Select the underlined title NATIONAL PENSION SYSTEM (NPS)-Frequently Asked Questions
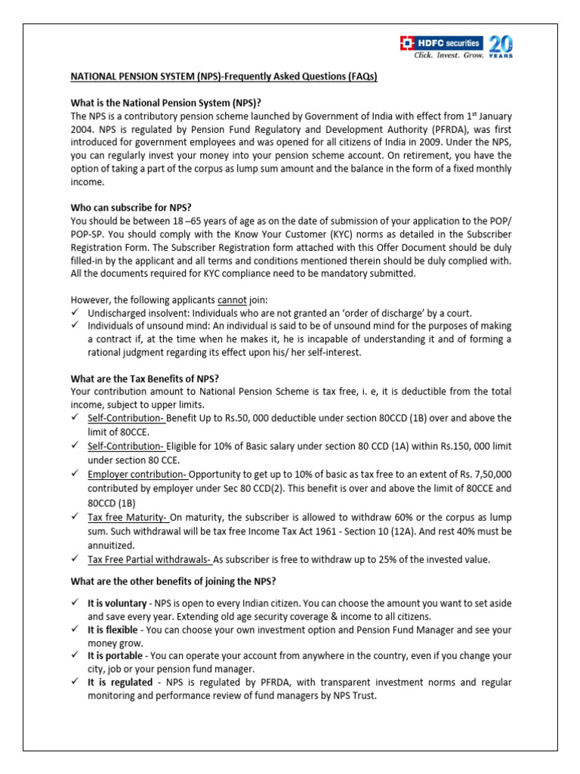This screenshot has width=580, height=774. (x=224, y=77)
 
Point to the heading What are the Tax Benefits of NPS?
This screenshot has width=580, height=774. (x=156, y=379)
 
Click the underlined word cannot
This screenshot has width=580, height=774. (x=232, y=300)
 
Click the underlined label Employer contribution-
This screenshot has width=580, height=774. (x=137, y=474)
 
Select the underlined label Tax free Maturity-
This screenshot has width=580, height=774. (x=128, y=517)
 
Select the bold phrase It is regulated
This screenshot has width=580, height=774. (x=117, y=682)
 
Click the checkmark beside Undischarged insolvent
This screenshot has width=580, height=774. (x=75, y=313)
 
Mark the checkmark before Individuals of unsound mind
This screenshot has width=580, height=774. (x=75, y=326)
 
